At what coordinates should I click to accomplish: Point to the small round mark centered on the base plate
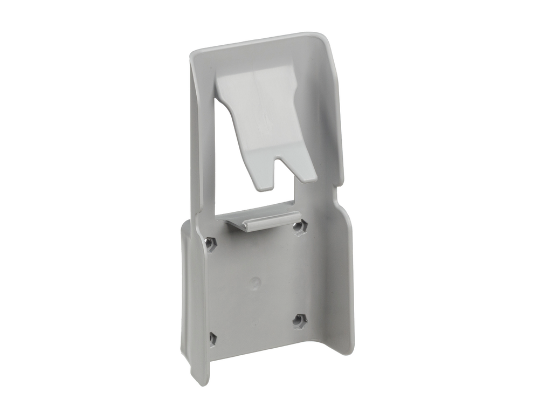point(256,282)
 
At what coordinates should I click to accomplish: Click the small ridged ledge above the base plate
point(258,222)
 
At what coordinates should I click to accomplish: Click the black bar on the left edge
point(40,207)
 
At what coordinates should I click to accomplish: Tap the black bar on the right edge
point(512,207)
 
